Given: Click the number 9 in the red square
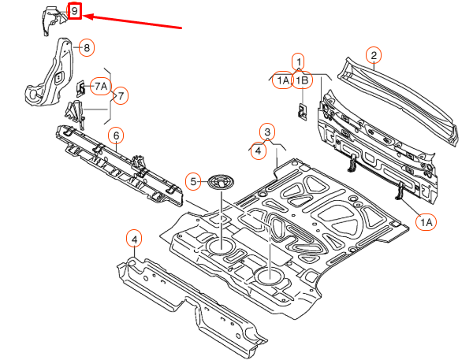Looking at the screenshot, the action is [74, 11].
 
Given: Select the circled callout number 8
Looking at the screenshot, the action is [87, 47].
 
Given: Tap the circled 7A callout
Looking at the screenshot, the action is [101, 87].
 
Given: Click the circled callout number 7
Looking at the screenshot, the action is [121, 96].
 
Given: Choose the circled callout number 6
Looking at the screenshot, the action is [116, 136].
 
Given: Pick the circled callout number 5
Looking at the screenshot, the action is [193, 182].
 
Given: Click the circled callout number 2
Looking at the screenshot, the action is [374, 55].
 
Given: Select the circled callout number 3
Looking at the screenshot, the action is [267, 132].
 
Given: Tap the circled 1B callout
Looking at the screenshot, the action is [303, 80].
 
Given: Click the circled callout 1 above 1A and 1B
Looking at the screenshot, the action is [298, 61].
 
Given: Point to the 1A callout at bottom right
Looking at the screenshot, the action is [426, 222].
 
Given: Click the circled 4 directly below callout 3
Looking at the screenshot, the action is [259, 150].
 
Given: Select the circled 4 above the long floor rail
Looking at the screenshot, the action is [134, 239].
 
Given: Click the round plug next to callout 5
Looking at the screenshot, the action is [222, 182].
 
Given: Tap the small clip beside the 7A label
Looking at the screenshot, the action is [80, 88].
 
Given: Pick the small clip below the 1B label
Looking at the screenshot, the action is [303, 112].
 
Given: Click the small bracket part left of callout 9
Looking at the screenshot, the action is [54, 20].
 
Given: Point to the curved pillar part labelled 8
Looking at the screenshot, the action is [50, 72].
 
